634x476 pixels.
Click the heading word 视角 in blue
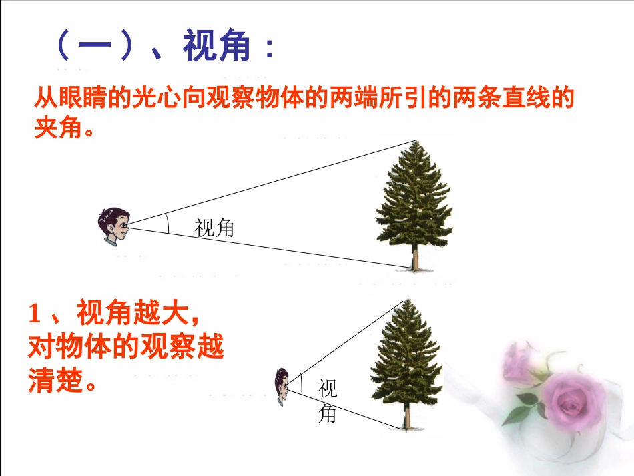[x=216, y=47]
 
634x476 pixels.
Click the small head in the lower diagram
[x=281, y=386]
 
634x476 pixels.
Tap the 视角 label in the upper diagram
[x=215, y=229]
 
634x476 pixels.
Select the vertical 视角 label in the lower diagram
[x=327, y=401]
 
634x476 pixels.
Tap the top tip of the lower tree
[x=404, y=300]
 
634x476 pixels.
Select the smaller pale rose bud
[x=518, y=361]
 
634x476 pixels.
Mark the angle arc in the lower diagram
[x=301, y=382]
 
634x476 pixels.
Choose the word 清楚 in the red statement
[x=55, y=381]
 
